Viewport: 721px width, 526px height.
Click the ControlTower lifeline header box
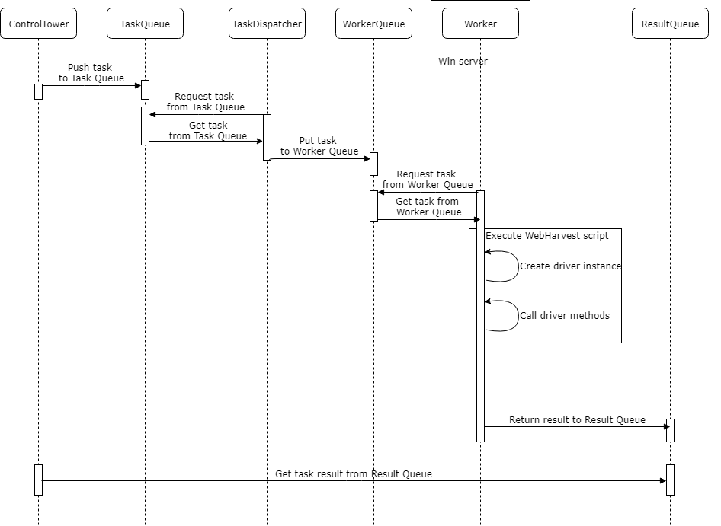pyautogui.click(x=39, y=24)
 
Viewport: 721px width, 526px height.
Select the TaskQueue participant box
pyautogui.click(x=145, y=24)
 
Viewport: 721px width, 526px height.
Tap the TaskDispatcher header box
pyautogui.click(x=267, y=24)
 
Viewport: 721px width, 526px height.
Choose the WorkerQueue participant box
pyautogui.click(x=373, y=24)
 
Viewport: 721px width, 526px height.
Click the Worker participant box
pyautogui.click(x=480, y=24)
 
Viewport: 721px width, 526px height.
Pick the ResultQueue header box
pyautogui.click(x=670, y=24)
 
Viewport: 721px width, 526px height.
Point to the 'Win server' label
pyautogui.click(x=463, y=61)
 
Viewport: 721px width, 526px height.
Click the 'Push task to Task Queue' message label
pyautogui.click(x=91, y=72)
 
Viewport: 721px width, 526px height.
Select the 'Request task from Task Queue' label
pyautogui.click(x=205, y=101)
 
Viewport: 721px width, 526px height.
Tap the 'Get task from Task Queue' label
pyautogui.click(x=208, y=130)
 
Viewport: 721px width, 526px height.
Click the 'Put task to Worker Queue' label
pyautogui.click(x=319, y=145)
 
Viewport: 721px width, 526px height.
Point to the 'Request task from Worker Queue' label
pyautogui.click(x=427, y=179)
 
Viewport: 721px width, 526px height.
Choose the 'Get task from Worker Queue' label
pyautogui.click(x=428, y=207)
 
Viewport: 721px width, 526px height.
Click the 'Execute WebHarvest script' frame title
pyautogui.click(x=546, y=236)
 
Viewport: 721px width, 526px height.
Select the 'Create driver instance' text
pyautogui.click(x=570, y=266)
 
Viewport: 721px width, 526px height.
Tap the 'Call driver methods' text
pyautogui.click(x=565, y=316)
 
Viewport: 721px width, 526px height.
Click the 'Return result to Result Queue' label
pyautogui.click(x=577, y=420)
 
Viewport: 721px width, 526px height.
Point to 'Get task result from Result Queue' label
pyautogui.click(x=353, y=473)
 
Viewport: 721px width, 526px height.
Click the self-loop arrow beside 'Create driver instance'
pyautogui.click(x=519, y=266)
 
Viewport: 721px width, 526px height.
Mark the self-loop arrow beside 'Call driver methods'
pyautogui.click(x=519, y=316)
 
